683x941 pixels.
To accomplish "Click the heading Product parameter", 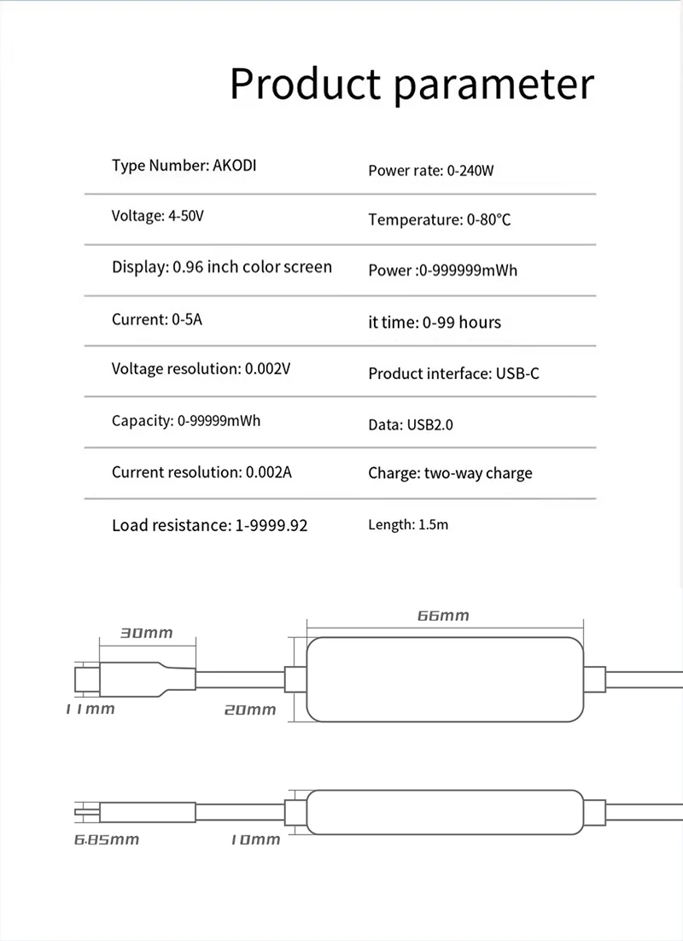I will (x=412, y=85).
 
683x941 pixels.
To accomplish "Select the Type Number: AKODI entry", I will (x=184, y=165).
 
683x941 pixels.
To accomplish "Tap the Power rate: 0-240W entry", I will (x=431, y=170).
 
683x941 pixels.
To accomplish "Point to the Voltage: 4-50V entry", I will (x=158, y=216).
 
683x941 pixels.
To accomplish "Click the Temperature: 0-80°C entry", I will (x=439, y=219).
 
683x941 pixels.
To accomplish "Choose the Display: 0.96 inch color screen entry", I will (x=222, y=267).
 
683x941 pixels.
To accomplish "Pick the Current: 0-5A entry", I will (x=157, y=319).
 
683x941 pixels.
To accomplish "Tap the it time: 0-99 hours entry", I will (x=435, y=322).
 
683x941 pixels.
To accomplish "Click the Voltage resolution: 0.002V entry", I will (x=201, y=370).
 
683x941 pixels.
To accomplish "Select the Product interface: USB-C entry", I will (x=453, y=373).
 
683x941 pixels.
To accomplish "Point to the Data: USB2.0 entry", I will (x=411, y=424).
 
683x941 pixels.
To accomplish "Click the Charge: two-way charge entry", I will (x=450, y=473).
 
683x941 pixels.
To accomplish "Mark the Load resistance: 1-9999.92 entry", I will (x=209, y=524).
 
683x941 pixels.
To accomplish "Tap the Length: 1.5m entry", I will (x=408, y=524).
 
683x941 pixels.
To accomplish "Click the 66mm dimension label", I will (x=443, y=616).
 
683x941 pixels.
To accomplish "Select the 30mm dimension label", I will (x=146, y=633).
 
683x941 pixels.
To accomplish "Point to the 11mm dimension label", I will (x=90, y=709).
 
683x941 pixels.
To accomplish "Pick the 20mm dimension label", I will (x=250, y=709).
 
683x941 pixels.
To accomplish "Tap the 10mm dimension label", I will (x=255, y=839).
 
